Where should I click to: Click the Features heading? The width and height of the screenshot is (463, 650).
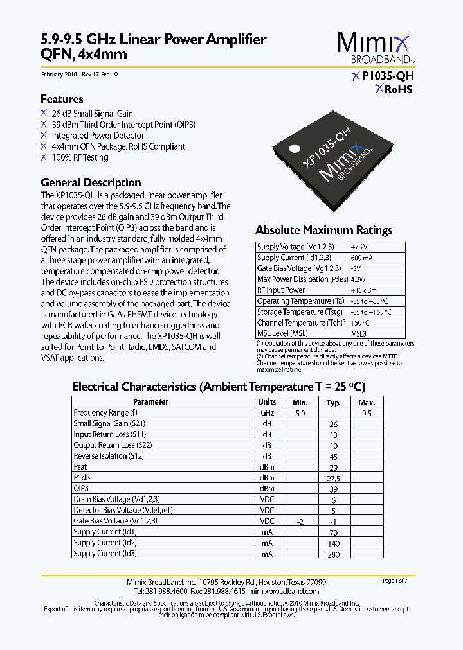tap(62, 99)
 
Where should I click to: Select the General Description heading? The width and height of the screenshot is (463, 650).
tap(91, 182)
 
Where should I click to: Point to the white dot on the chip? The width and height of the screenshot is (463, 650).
tap(294, 147)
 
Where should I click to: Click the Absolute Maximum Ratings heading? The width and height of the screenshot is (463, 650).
tap(323, 230)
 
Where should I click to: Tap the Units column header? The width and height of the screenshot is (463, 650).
tap(267, 402)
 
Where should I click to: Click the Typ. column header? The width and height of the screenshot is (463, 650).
tap(333, 402)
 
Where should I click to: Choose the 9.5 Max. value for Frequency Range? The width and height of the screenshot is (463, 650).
tap(367, 413)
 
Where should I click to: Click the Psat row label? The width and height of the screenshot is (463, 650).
tap(80, 467)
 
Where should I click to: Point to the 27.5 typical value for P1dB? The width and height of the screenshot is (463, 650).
tap(333, 479)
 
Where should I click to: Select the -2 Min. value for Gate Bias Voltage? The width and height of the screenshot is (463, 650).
tap(300, 522)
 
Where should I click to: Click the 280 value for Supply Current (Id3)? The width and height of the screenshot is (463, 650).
tap(333, 554)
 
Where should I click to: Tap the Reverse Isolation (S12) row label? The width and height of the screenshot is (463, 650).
tap(109, 456)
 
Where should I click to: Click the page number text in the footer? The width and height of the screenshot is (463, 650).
tap(395, 581)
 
